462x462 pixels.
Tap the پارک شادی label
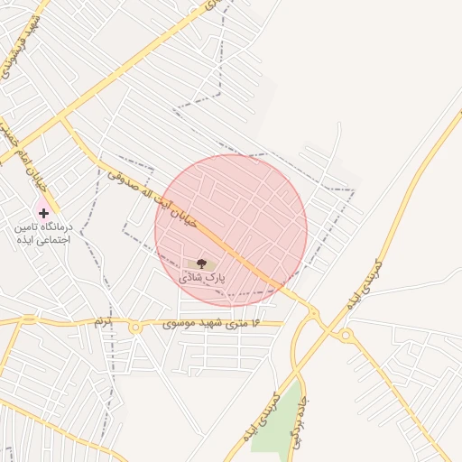(202, 279)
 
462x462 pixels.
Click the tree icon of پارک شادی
(200, 263)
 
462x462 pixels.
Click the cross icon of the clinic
(43, 213)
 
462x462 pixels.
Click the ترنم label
(103, 321)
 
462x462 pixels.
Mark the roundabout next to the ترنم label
(135, 328)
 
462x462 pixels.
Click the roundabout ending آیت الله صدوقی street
(313, 312)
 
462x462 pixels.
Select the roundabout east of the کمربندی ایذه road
(346, 336)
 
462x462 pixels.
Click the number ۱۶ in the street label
(254, 322)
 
